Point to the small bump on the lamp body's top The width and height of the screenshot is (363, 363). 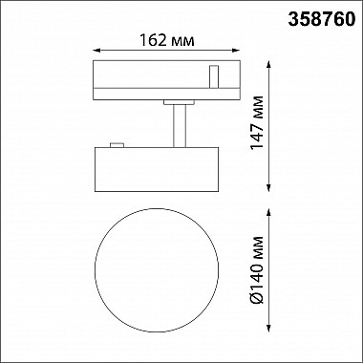coord(118,145)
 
